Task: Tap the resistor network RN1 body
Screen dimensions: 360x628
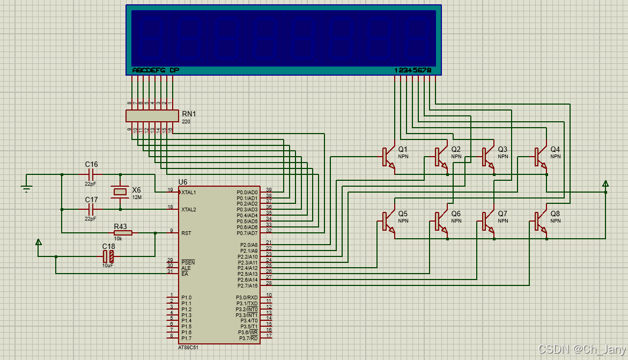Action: [152, 115]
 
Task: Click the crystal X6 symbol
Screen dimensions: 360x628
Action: [120, 192]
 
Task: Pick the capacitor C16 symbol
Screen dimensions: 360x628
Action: [91, 174]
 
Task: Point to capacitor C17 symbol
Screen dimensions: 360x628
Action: [91, 209]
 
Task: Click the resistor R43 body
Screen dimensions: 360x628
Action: [123, 233]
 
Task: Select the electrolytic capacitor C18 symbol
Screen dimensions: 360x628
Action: [108, 256]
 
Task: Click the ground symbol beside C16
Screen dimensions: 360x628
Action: [26, 187]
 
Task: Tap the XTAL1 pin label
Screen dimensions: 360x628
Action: [189, 192]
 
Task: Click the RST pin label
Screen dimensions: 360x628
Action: [186, 233]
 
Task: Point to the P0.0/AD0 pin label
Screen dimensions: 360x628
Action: [247, 192]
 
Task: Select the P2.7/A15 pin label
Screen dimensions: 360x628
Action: [247, 285]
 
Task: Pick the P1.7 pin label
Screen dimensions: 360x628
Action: [186, 338]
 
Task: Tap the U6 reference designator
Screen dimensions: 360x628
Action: [183, 182]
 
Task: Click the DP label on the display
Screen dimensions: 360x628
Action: [174, 70]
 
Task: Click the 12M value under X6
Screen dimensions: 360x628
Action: [137, 197]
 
